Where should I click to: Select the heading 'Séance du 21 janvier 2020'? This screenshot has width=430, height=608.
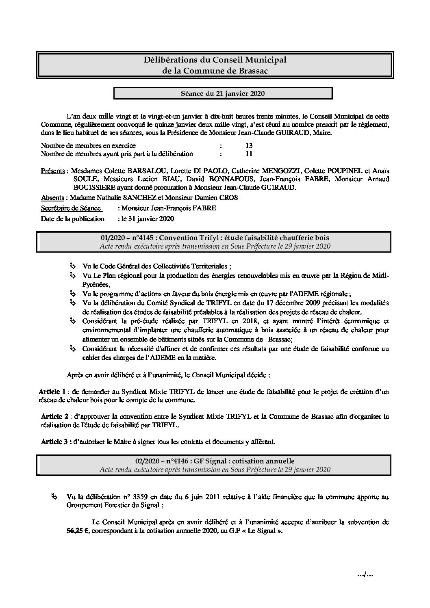pyautogui.click(x=223, y=94)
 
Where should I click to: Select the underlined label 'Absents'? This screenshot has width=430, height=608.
pyautogui.click(x=52, y=198)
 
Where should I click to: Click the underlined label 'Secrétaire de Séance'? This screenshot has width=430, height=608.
pyautogui.click(x=71, y=208)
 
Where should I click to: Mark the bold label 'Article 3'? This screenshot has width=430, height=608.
pyautogui.click(x=54, y=441)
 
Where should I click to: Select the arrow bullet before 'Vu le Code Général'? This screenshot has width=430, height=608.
pyautogui.click(x=72, y=266)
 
